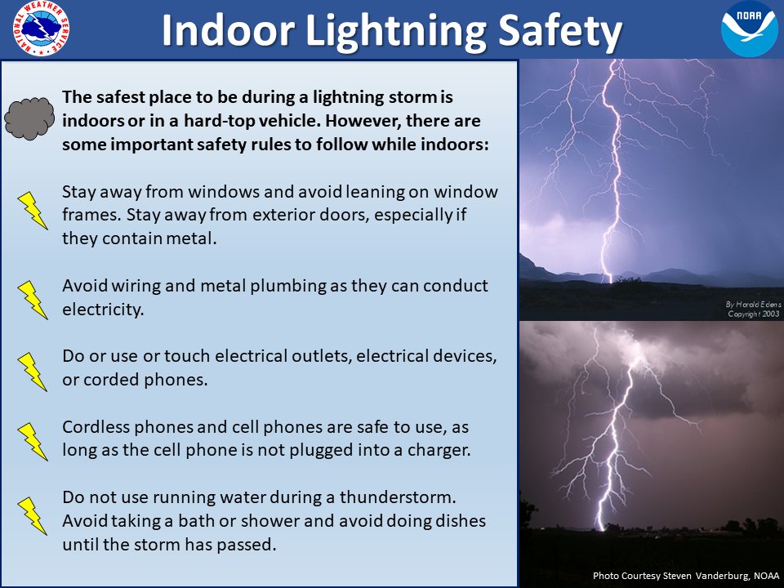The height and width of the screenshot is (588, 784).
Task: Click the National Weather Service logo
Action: pyautogui.click(x=41, y=29)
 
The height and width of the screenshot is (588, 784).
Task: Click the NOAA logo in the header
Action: pyautogui.click(x=749, y=29)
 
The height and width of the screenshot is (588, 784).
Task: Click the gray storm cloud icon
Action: pyautogui.click(x=30, y=118)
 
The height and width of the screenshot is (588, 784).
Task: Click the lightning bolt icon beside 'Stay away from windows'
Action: pyautogui.click(x=33, y=210)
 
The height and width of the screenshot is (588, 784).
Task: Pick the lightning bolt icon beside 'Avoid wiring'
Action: pyautogui.click(x=33, y=299)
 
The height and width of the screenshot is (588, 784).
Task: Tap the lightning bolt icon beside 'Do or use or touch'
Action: pyautogui.click(x=33, y=371)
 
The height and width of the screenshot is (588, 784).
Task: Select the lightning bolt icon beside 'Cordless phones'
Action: pyautogui.click(x=33, y=441)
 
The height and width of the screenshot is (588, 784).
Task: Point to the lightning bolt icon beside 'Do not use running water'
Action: pyautogui.click(x=33, y=515)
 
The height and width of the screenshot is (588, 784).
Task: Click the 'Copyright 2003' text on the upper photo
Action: pyautogui.click(x=753, y=314)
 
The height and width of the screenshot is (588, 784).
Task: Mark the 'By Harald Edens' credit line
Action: pyautogui.click(x=753, y=304)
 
